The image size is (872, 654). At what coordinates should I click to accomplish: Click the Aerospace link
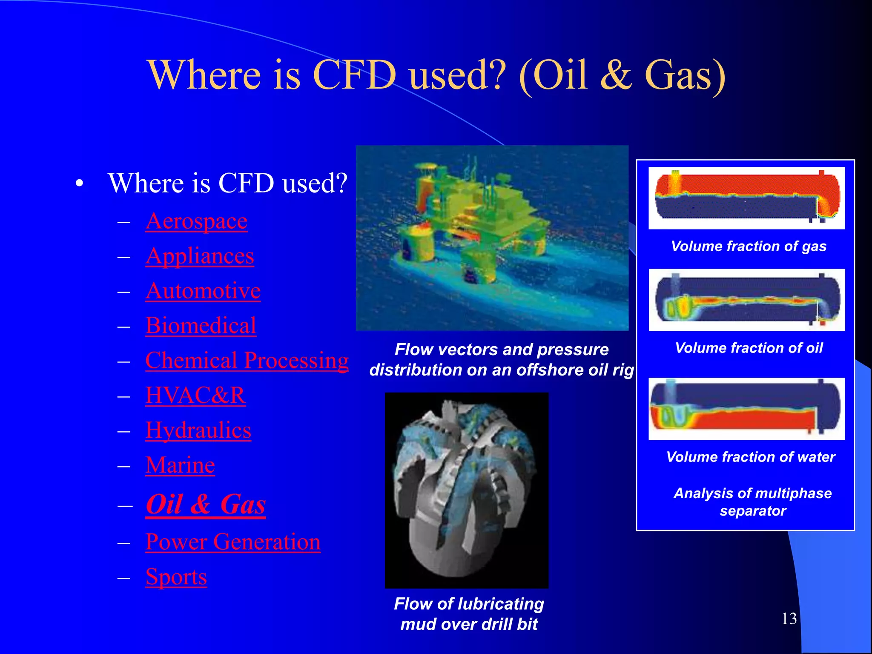pyautogui.click(x=196, y=221)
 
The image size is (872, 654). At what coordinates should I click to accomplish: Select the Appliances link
pyautogui.click(x=200, y=256)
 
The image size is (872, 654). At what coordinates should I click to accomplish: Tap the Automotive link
pyautogui.click(x=203, y=291)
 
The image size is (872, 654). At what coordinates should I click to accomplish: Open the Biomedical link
pyautogui.click(x=201, y=326)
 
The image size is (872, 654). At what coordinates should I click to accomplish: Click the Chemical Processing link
pyautogui.click(x=247, y=361)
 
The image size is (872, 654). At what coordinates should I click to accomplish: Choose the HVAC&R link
pyautogui.click(x=195, y=396)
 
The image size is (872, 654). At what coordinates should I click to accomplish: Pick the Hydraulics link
pyautogui.click(x=198, y=430)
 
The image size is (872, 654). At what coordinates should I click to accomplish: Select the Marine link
pyautogui.click(x=180, y=465)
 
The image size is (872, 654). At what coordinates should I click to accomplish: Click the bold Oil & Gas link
pyautogui.click(x=206, y=505)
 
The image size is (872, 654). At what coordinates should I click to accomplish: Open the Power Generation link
pyautogui.click(x=232, y=542)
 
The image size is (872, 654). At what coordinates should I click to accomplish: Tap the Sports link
pyautogui.click(x=176, y=577)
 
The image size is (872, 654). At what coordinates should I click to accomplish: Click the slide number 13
pyautogui.click(x=789, y=619)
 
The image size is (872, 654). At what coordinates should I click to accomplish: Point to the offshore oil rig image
pyautogui.click(x=492, y=238)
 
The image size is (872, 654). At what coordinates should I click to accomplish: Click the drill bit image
pyautogui.click(x=466, y=490)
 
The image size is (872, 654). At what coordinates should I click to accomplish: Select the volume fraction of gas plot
pyautogui.click(x=746, y=198)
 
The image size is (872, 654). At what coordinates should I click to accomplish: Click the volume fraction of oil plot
pyautogui.click(x=746, y=300)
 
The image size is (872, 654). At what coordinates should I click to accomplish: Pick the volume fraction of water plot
pyautogui.click(x=746, y=409)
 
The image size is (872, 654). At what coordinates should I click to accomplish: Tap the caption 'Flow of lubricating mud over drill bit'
pyautogui.click(x=469, y=614)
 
